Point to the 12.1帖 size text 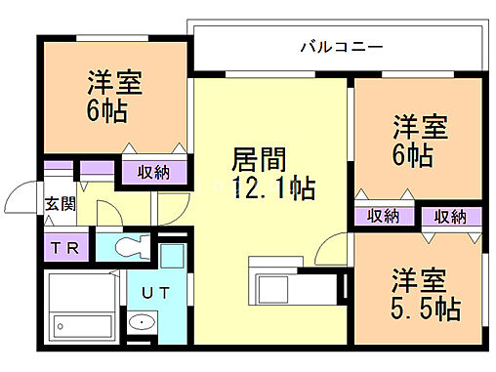click(273, 186)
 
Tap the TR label click(65, 247)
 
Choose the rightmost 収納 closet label click(449, 216)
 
